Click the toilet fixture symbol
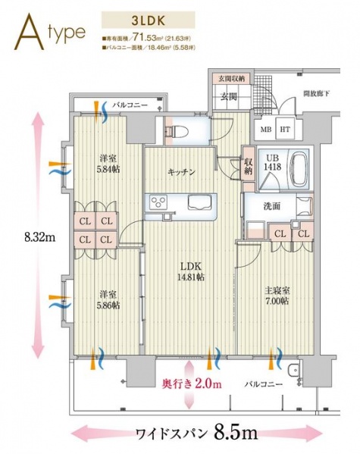click(x=172, y=130)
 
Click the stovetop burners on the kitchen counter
click(x=161, y=202)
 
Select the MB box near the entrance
click(x=266, y=130)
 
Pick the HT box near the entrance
click(x=285, y=130)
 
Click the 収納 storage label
click(x=249, y=164)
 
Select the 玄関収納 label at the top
click(x=230, y=79)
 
